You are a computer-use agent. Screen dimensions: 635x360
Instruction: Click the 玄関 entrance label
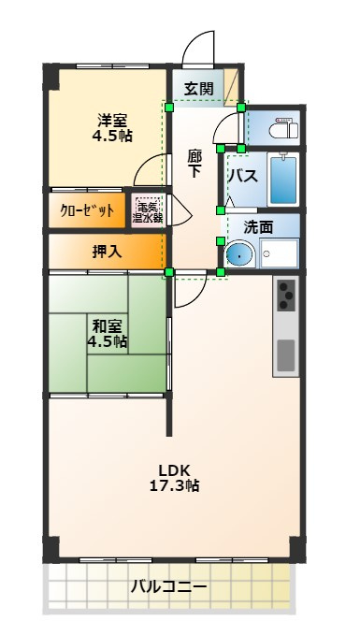[198, 89]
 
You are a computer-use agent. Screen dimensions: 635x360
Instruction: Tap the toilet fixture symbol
[281, 128]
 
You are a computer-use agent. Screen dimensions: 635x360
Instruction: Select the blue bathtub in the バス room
[283, 180]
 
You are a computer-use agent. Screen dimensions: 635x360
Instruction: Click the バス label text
[243, 177]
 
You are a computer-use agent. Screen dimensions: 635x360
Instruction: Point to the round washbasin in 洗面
[239, 253]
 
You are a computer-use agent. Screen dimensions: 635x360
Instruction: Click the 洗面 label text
[258, 227]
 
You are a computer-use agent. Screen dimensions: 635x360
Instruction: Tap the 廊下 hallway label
[194, 163]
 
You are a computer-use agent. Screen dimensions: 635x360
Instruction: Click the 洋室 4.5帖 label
[112, 128]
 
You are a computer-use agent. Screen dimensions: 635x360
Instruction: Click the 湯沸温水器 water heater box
[147, 210]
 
